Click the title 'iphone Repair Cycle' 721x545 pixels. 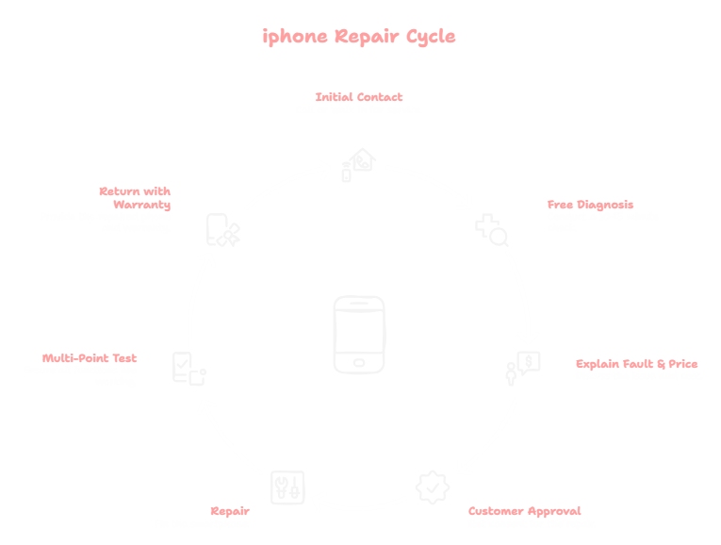tap(359, 37)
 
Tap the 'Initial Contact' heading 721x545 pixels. tap(359, 96)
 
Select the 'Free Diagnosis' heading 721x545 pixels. tap(590, 205)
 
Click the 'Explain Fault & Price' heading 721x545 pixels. tap(636, 363)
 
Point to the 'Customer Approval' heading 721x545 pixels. tap(524, 511)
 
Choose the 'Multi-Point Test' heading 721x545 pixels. tap(90, 358)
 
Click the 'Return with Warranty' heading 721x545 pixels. tap(135, 197)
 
